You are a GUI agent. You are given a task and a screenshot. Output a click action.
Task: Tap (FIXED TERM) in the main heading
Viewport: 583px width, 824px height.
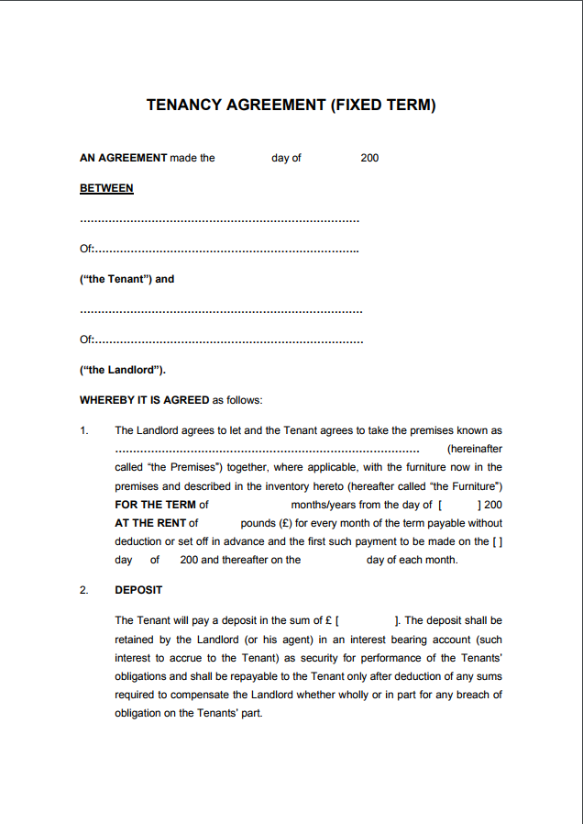(x=382, y=106)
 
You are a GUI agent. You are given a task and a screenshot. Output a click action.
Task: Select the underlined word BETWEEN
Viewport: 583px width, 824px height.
(x=106, y=188)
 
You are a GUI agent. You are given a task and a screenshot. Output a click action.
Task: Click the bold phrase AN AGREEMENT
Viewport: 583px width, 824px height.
(x=124, y=158)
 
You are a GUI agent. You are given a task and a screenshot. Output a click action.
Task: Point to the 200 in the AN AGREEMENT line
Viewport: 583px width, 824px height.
(x=369, y=158)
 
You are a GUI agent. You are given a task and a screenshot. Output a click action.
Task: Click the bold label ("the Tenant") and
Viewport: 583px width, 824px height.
(x=126, y=279)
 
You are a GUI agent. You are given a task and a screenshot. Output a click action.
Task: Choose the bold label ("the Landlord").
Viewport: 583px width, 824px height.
(x=122, y=370)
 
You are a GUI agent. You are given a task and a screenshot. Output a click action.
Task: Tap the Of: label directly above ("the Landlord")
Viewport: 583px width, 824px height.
(x=87, y=340)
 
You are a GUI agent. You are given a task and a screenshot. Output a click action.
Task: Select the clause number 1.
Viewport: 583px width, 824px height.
(x=84, y=430)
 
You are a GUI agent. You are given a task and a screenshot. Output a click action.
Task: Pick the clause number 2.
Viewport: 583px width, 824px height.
(x=84, y=590)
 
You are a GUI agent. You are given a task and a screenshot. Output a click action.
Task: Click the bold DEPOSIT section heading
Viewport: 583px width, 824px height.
(x=138, y=590)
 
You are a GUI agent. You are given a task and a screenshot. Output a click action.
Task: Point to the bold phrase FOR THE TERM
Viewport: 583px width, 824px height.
(x=155, y=505)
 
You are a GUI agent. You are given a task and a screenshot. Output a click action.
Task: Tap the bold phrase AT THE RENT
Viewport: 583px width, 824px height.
(x=151, y=523)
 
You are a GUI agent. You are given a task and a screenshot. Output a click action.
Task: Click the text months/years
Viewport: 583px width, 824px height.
(x=324, y=505)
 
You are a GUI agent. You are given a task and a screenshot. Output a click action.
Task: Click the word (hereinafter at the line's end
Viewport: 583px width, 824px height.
(x=474, y=450)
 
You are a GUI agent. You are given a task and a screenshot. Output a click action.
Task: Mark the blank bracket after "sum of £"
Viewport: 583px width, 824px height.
(x=368, y=621)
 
